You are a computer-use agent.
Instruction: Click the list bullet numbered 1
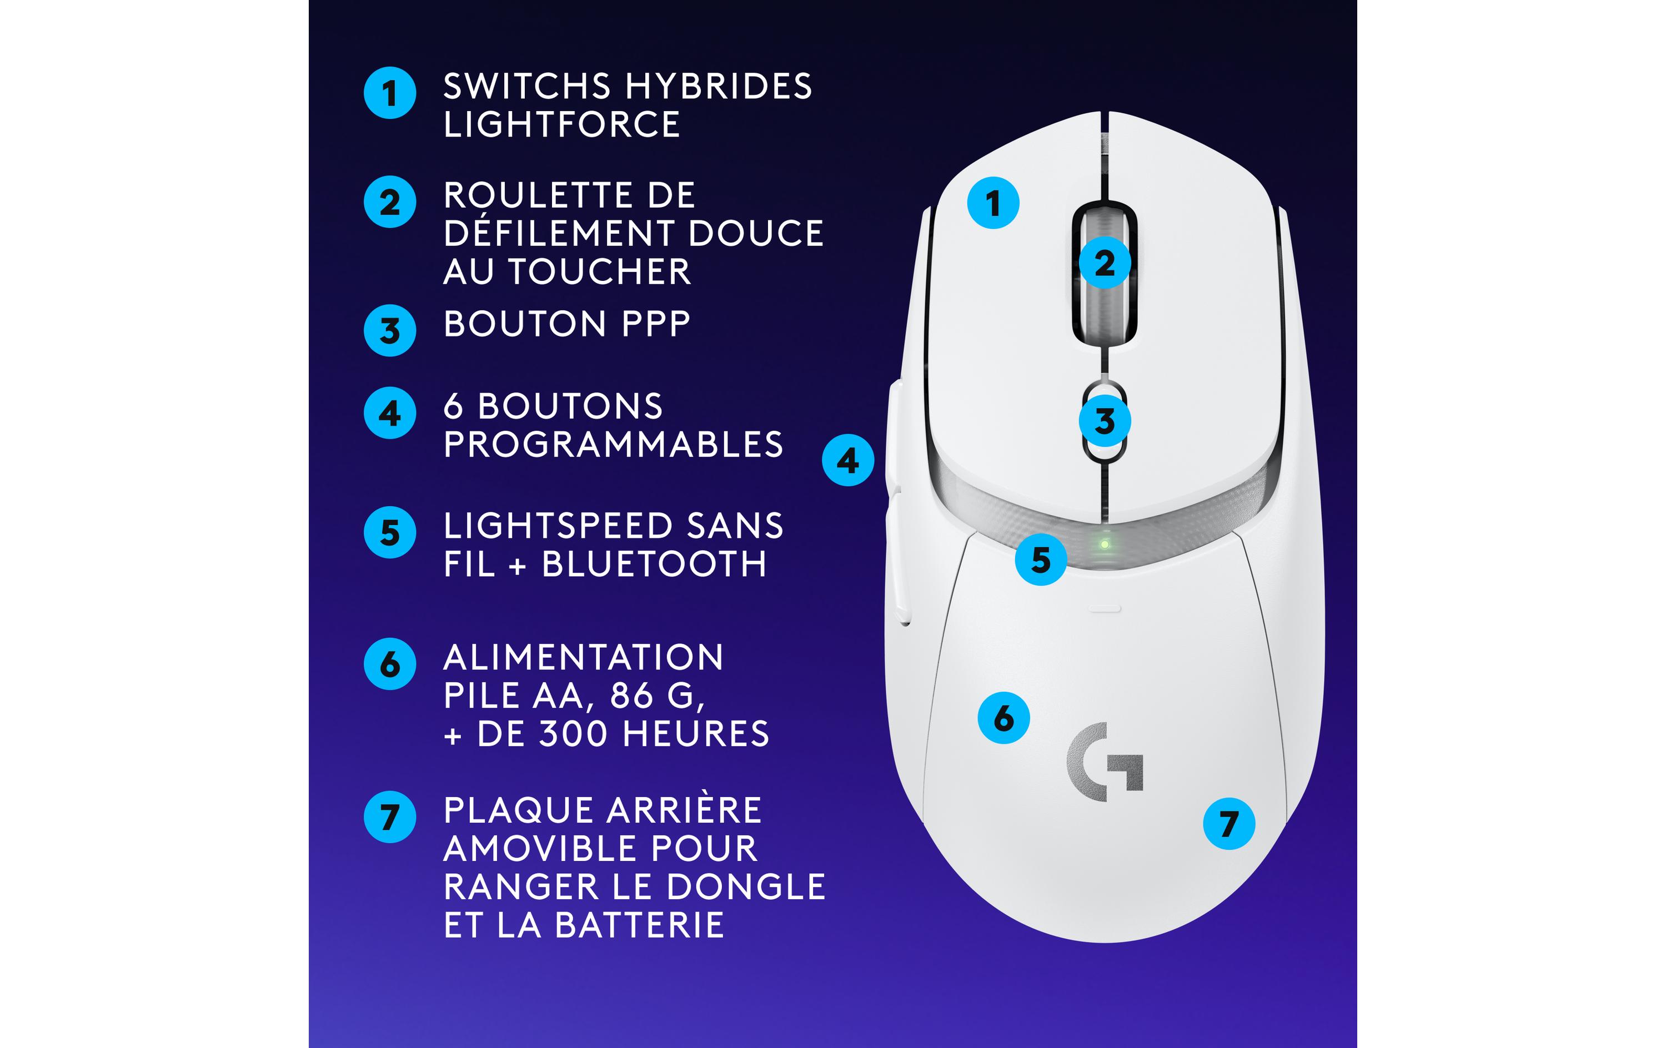click(389, 93)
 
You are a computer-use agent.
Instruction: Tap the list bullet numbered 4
click(389, 413)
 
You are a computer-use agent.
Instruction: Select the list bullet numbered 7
click(389, 817)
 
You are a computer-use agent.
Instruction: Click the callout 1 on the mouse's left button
click(993, 203)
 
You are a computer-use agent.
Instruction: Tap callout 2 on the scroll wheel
click(1105, 263)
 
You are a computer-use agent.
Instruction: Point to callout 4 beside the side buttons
click(847, 460)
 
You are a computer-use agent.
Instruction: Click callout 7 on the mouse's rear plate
click(1229, 824)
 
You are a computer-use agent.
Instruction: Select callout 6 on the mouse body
click(1003, 718)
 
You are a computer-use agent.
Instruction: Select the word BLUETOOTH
click(654, 565)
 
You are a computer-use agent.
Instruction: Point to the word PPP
click(656, 324)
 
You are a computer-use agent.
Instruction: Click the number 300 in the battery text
click(573, 734)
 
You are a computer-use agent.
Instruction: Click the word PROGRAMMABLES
click(613, 445)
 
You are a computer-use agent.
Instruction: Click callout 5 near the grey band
click(1041, 560)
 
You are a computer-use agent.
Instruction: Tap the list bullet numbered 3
click(389, 331)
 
